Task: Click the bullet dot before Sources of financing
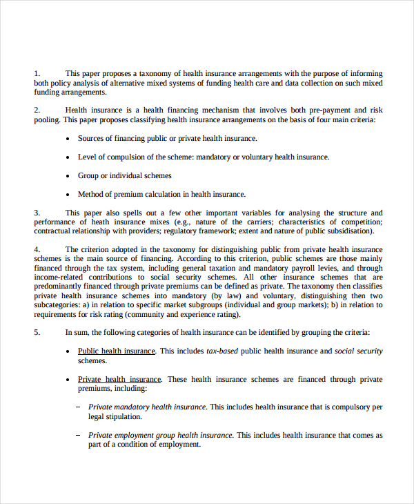pos(68,139)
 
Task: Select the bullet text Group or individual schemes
pos(124,175)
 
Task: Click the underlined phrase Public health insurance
pos(117,351)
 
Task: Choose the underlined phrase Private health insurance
pos(119,379)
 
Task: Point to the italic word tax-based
pos(222,351)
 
